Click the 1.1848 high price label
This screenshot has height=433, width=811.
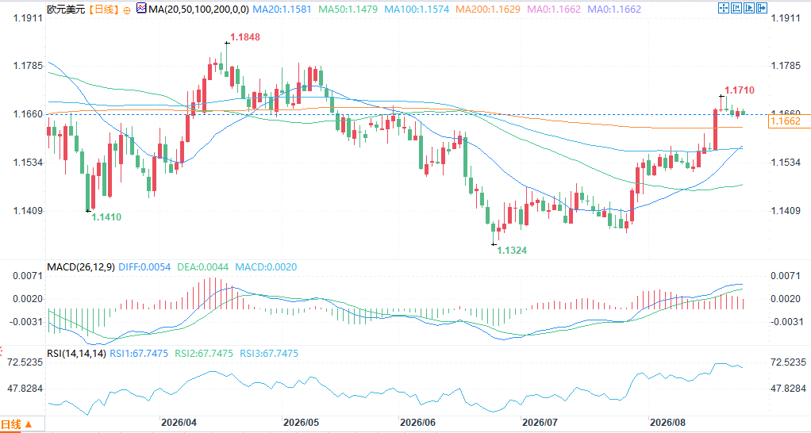(245, 36)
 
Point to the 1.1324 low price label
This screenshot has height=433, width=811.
(512, 250)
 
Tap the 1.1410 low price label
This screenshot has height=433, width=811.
(106, 217)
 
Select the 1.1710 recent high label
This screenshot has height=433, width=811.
(739, 90)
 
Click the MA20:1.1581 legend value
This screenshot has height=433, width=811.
(283, 10)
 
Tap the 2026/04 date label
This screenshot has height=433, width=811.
(179, 422)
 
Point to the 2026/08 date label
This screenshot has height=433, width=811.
(667, 422)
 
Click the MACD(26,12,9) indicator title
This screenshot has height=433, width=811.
(81, 267)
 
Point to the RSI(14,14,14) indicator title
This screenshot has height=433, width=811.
(76, 354)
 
